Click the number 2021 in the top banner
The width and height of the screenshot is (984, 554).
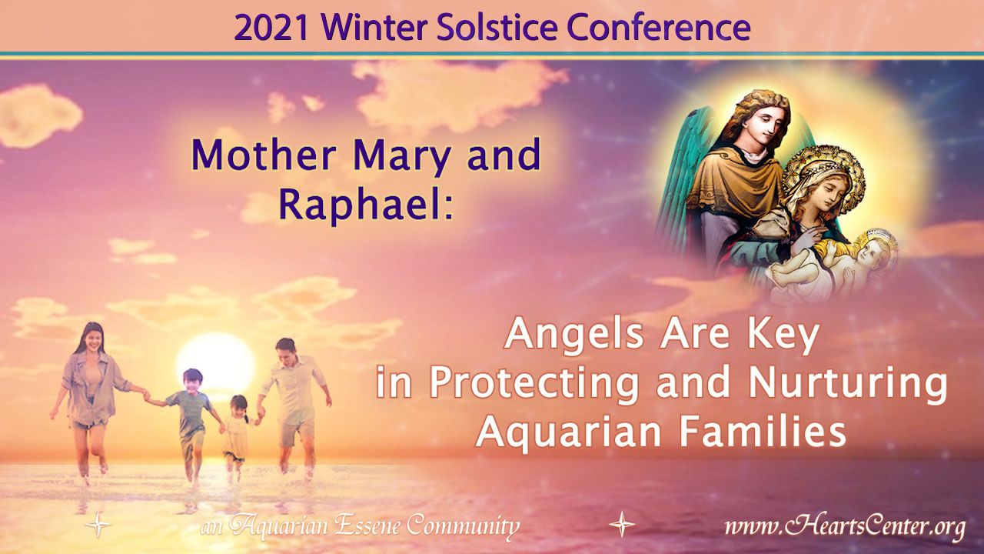(271, 28)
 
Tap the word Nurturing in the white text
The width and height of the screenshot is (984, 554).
(847, 382)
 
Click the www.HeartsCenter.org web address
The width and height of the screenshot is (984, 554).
(845, 526)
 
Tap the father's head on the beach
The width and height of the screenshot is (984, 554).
(286, 350)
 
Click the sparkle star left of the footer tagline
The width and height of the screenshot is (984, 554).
(98, 525)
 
